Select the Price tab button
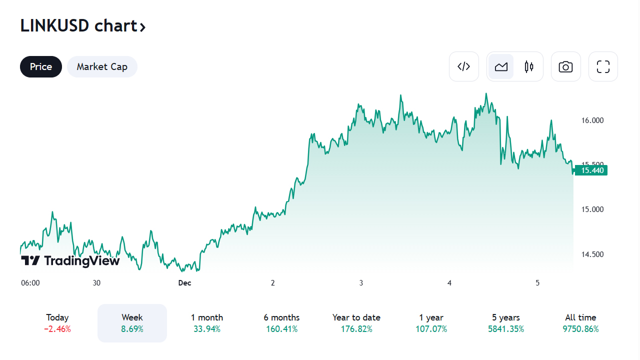click(41, 67)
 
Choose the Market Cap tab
click(102, 67)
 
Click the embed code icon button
click(464, 66)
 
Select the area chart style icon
click(501, 66)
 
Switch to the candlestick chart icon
click(529, 66)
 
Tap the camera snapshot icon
click(565, 66)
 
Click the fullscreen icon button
click(603, 66)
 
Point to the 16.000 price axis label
click(592, 120)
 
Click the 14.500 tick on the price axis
click(592, 254)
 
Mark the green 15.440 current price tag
click(592, 170)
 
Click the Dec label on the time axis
click(184, 283)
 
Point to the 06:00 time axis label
click(30, 283)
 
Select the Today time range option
click(57, 323)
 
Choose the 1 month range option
click(207, 323)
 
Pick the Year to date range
click(356, 323)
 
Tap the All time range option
click(580, 323)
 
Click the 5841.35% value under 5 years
click(505, 329)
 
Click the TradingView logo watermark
click(70, 260)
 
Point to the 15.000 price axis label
click(592, 209)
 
